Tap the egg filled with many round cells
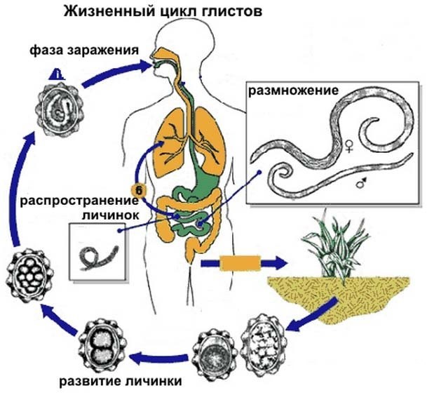coord(29,272)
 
